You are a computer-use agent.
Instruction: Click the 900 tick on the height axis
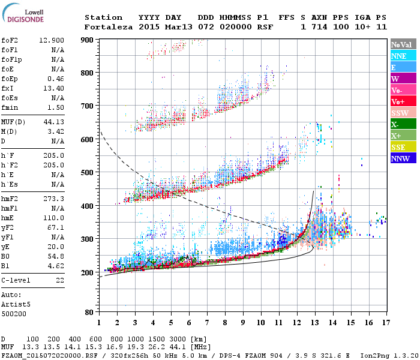[89, 40]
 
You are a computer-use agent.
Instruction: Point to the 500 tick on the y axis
[89, 173]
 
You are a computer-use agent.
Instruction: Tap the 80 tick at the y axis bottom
[91, 312]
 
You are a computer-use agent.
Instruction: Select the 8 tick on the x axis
[225, 323]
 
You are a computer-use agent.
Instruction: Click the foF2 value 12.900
[52, 40]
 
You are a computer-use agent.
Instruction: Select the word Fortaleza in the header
[109, 27]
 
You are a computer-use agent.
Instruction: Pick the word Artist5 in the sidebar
[17, 304]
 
